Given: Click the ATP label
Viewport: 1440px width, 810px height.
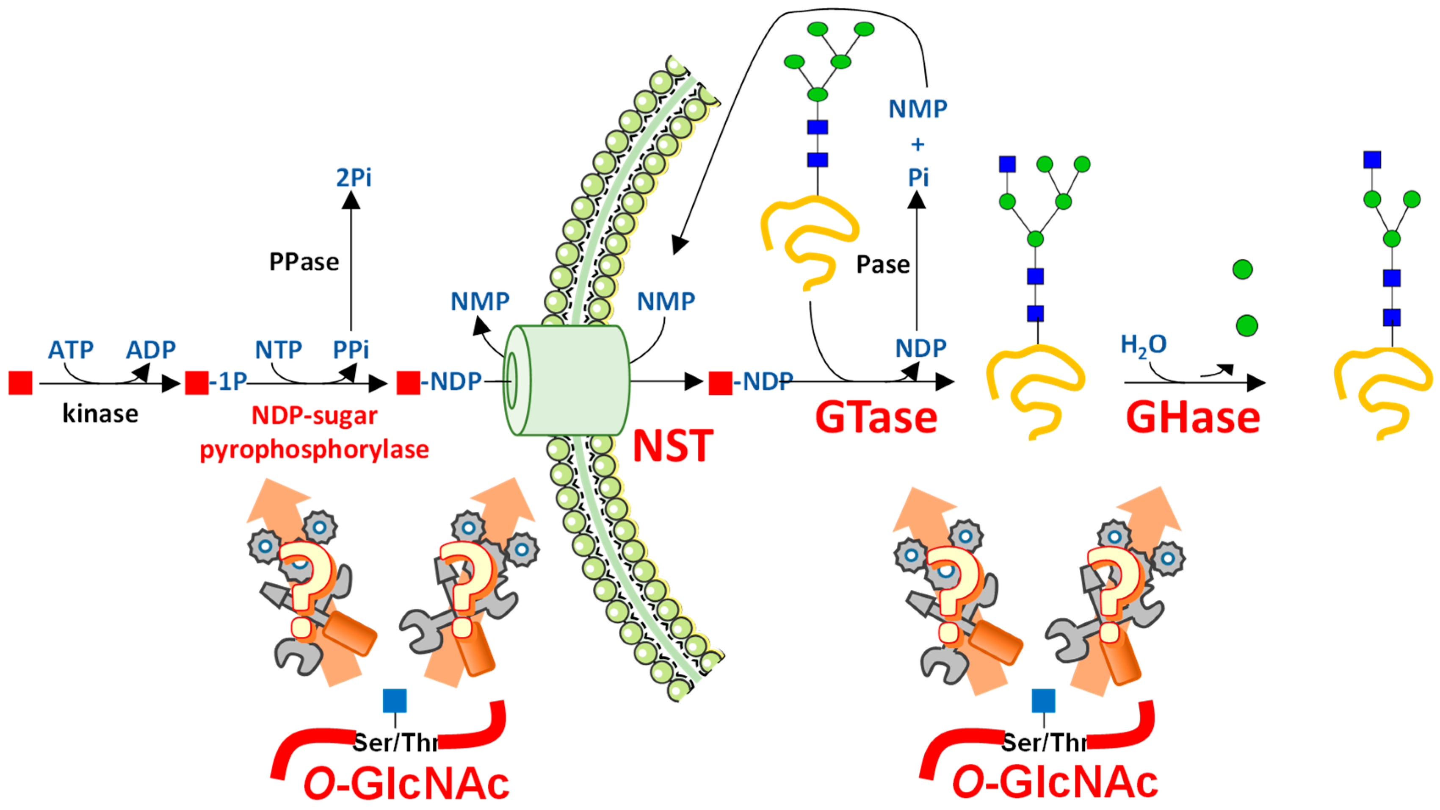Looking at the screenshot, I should click(70, 350).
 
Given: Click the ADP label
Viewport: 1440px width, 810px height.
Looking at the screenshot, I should click(150, 350).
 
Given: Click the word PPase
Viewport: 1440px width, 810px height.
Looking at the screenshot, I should click(304, 262).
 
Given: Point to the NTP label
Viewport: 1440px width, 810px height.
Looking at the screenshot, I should click(278, 350).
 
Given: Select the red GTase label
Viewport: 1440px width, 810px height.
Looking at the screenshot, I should click(876, 418).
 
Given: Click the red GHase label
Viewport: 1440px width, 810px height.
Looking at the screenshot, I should click(1192, 418).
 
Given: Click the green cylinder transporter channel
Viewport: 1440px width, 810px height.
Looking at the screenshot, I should click(567, 380).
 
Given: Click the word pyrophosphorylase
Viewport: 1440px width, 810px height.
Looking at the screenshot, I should click(314, 449).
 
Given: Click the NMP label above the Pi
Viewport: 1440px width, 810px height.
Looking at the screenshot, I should click(918, 108).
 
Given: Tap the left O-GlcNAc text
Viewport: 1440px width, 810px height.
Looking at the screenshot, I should click(406, 783).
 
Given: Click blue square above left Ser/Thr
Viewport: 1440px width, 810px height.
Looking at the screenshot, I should click(395, 700).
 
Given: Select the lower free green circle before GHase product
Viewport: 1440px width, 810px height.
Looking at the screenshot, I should click(1246, 325).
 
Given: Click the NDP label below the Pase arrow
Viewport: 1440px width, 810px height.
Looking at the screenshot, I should click(920, 349).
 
